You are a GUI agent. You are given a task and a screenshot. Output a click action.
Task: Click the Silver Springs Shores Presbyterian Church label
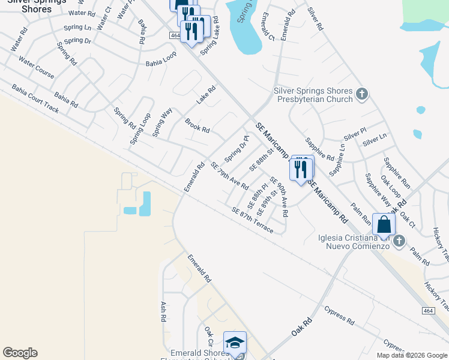[x=313, y=95]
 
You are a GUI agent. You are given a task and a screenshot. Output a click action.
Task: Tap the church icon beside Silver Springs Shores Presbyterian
[x=361, y=94]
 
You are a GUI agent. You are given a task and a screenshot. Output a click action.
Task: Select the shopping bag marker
[x=384, y=225]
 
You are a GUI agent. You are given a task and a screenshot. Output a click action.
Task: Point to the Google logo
[x=20, y=353]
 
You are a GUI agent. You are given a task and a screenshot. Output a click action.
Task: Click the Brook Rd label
[x=197, y=125]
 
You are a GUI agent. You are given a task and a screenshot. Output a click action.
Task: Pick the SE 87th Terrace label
[x=252, y=220]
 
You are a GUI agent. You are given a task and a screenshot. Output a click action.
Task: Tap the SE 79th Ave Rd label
[x=229, y=175]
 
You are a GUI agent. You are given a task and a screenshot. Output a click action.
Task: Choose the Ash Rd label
[x=163, y=311]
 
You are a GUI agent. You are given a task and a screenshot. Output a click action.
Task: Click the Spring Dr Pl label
[x=237, y=149]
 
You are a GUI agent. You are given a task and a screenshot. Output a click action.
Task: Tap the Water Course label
[x=36, y=68]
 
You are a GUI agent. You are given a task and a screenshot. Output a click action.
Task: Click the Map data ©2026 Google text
[x=412, y=355]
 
